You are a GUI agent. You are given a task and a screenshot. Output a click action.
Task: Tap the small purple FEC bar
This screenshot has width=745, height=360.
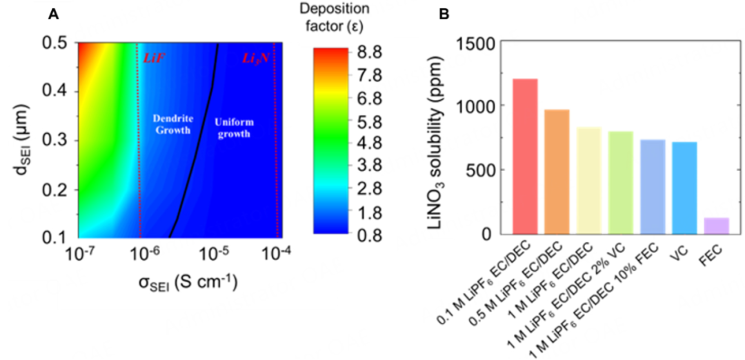click(715, 226)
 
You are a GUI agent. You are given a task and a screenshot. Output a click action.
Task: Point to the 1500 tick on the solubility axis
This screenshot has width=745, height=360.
click(477, 43)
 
